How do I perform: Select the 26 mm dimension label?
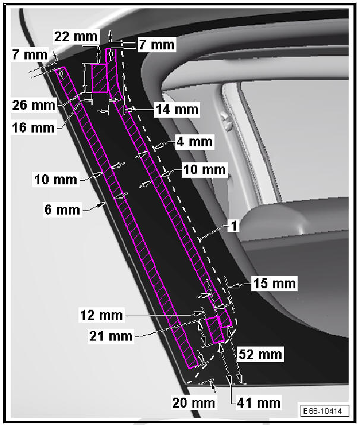tap(34, 106)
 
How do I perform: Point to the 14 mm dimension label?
tap(176, 109)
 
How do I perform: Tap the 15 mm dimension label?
tap(273, 284)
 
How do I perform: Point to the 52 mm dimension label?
tap(260, 355)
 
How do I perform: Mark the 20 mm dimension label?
tap(194, 402)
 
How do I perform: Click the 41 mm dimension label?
tap(258, 402)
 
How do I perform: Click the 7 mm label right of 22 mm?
tap(156, 44)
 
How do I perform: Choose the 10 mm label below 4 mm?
tap(204, 170)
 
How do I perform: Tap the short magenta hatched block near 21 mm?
tap(215, 330)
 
